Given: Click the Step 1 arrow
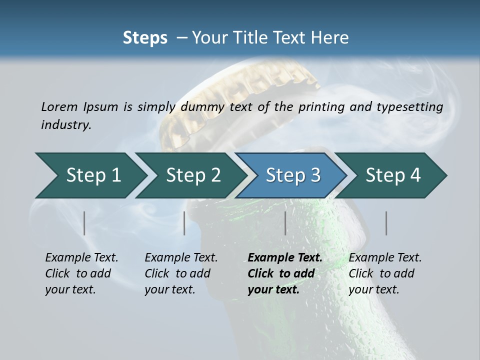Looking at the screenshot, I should [93, 175].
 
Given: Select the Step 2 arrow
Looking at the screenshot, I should [193, 175].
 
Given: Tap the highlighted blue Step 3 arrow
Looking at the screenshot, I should [293, 175].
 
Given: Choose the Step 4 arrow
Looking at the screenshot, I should [393, 175].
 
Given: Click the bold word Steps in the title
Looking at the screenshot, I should [145, 38].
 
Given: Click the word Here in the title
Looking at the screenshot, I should [330, 38].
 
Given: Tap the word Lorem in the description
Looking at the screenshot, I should [59, 106].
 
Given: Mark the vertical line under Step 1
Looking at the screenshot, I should [84, 223].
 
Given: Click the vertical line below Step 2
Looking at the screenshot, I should [184, 223].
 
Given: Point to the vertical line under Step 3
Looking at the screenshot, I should [285, 223].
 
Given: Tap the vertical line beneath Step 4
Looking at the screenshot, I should [386, 223].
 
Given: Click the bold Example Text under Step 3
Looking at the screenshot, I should [285, 258].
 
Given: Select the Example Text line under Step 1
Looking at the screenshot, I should [81, 258].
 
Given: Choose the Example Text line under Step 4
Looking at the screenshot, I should [385, 258].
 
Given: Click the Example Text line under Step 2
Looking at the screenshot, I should [181, 258].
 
